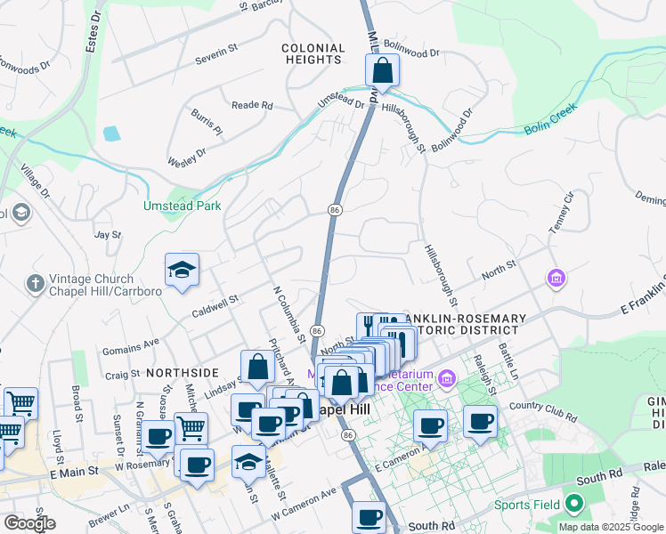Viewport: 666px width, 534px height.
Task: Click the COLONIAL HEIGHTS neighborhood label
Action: point(313,53)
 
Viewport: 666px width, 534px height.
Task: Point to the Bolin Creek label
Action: point(550,118)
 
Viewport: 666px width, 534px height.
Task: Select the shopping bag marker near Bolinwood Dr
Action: point(382,70)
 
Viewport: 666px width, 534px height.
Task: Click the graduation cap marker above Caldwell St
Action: point(182,270)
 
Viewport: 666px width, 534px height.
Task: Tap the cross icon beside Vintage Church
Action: point(35,285)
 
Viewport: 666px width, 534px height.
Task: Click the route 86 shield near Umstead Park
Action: point(335,209)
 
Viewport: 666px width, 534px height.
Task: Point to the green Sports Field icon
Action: point(574,505)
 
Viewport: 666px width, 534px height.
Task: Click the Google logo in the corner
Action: point(29,523)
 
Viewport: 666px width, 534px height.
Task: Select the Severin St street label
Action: point(218,61)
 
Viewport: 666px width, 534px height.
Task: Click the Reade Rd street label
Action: point(252,105)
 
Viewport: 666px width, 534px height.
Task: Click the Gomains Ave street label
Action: point(131,342)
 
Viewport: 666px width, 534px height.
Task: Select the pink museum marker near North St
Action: point(556,279)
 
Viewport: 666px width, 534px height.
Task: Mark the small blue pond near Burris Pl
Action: point(111,134)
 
